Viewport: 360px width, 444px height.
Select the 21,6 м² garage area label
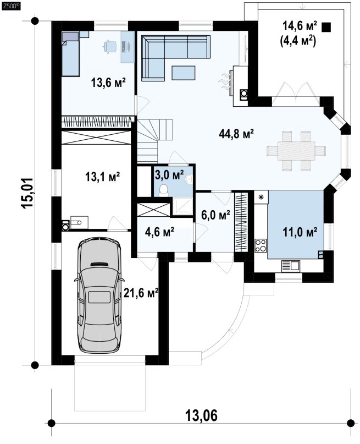click(141, 293)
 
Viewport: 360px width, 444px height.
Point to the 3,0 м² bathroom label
click(169, 175)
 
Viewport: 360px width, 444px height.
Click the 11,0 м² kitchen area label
click(300, 232)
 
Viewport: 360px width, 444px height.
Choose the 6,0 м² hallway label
click(215, 215)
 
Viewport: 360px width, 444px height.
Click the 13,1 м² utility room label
click(103, 177)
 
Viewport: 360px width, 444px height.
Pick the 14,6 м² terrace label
click(300, 26)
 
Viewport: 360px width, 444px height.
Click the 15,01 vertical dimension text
click(28, 194)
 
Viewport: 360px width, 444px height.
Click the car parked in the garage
click(99, 294)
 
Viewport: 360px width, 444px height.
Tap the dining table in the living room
click(296, 151)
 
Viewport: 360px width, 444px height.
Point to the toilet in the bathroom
click(163, 190)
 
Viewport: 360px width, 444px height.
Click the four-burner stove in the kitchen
click(261, 245)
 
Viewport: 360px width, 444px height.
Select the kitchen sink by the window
click(290, 266)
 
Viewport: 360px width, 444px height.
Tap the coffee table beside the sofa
click(183, 73)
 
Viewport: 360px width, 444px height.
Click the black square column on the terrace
click(326, 27)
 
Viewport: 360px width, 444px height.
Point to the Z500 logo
click(11, 6)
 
